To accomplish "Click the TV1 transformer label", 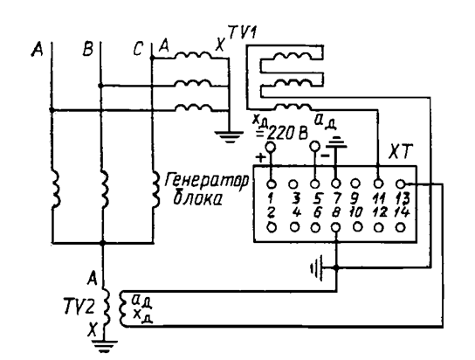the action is [242, 32].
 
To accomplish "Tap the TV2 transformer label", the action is [79, 306].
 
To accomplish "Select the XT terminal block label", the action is [401, 152].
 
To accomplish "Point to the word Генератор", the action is [207, 181].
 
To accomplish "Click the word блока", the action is [198, 198].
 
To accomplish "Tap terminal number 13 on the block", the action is [403, 197].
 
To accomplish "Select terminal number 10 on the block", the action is [355, 212].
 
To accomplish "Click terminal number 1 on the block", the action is [271, 197].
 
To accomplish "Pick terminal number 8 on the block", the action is [335, 212].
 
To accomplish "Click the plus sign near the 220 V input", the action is [260, 157].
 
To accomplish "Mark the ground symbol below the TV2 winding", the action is [104, 346].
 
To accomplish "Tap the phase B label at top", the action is [88, 49].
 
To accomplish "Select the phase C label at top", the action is [138, 49].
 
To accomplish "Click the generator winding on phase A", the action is [55, 188].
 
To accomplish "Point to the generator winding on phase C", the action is [155, 189].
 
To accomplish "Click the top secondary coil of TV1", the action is [293, 56].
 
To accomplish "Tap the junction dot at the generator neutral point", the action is [103, 243].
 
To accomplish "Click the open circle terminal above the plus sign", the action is [270, 147].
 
